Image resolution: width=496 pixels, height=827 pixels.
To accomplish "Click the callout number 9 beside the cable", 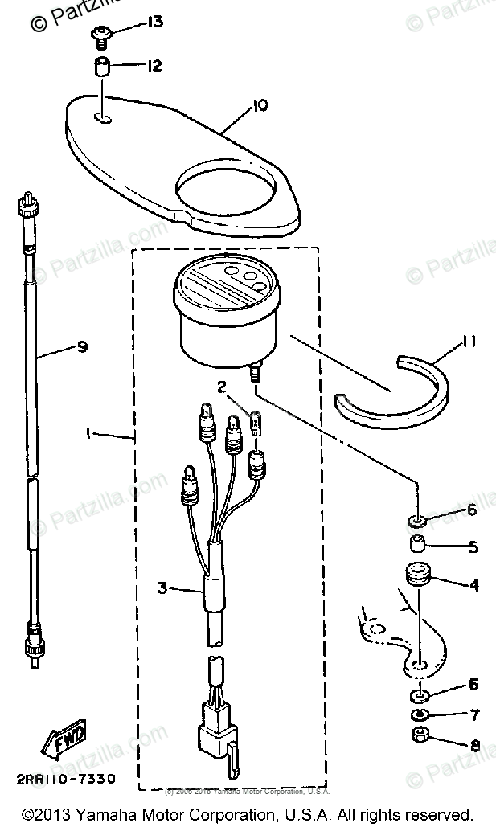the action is (81, 347).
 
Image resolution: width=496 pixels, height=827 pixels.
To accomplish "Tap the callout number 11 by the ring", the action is (468, 343).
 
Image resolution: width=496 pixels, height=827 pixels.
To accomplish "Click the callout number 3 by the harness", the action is (162, 588).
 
